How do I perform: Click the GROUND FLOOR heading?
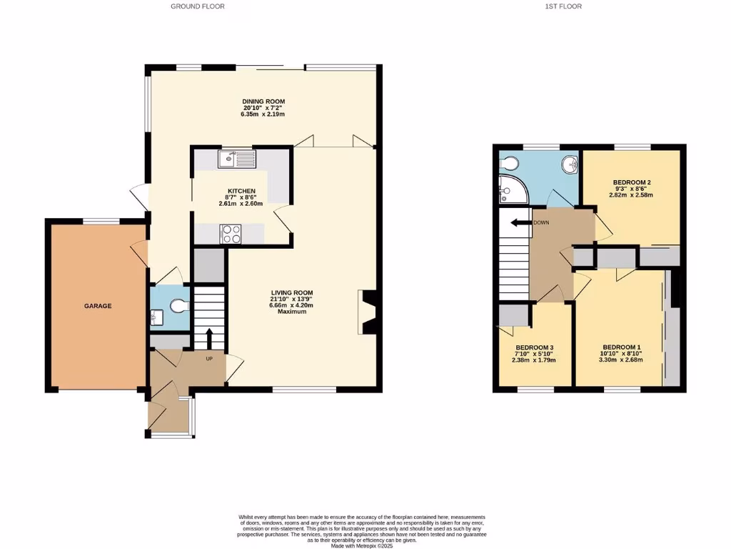(198, 6)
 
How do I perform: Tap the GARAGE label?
(99, 306)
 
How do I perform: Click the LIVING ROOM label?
(291, 292)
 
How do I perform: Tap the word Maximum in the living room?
(291, 312)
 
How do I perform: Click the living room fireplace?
(367, 312)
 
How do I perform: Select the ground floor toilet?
(178, 307)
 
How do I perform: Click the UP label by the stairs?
(210, 358)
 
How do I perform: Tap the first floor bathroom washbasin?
(569, 165)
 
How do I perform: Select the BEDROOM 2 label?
(630, 182)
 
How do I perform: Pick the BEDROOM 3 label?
(535, 347)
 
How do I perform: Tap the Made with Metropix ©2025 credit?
(363, 546)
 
